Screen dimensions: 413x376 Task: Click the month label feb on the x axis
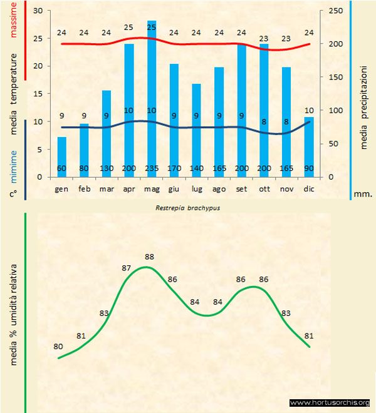tap(84, 188)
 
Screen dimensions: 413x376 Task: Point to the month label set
tap(241, 188)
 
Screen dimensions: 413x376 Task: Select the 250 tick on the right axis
tap(336, 11)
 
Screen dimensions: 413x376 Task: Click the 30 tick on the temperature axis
tap(37, 11)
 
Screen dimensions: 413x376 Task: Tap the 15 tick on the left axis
tap(37, 94)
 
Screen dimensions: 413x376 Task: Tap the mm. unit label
tap(363, 194)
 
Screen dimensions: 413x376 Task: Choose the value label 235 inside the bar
tap(152, 169)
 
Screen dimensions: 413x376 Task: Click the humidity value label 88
tap(149, 257)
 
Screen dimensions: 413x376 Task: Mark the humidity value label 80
tap(58, 346)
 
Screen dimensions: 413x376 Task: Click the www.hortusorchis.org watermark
tap(330, 403)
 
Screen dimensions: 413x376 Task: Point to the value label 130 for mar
tap(107, 169)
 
